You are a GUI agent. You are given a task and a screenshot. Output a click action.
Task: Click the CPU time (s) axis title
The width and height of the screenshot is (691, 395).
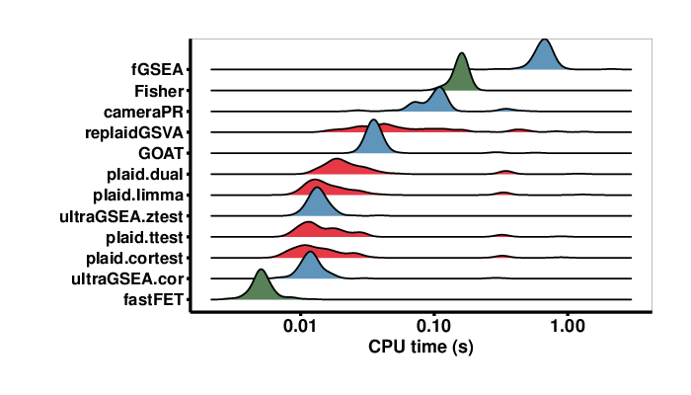tap(420, 348)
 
